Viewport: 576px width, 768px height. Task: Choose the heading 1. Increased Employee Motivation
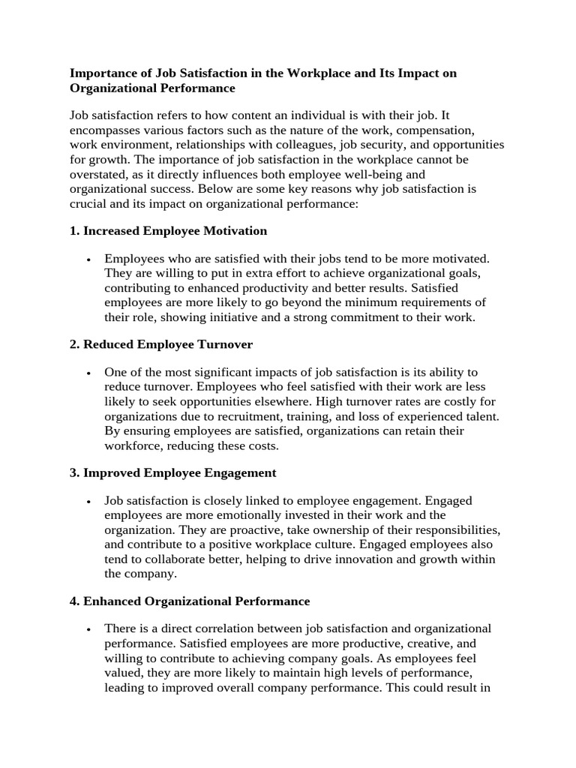(168, 230)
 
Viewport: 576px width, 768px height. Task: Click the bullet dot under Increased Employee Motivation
(88, 259)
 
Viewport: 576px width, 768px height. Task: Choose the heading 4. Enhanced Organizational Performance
(190, 601)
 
